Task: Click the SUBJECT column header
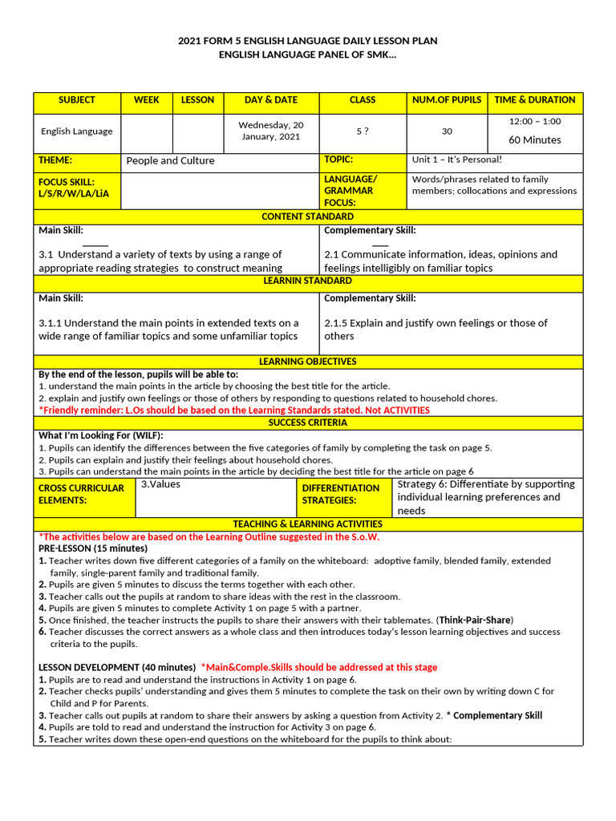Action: tap(77, 100)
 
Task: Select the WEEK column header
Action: tap(147, 100)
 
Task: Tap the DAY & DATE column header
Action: tap(271, 100)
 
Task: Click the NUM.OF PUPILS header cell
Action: tap(447, 100)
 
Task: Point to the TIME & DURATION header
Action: tap(535, 100)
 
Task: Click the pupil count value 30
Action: tap(447, 131)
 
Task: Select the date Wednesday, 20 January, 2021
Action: tap(271, 131)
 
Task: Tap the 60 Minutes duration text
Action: tap(535, 140)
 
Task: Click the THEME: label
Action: tap(55, 160)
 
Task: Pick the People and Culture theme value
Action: tap(170, 160)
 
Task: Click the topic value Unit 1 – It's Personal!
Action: tap(456, 160)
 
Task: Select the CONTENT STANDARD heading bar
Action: tap(308, 217)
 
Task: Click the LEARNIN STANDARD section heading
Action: tap(308, 281)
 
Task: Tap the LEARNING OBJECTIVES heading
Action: tap(308, 362)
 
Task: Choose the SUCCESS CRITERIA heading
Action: tap(308, 423)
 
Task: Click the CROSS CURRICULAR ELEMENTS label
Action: tap(81, 494)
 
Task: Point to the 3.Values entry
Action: tap(160, 484)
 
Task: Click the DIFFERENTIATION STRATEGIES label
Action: tap(341, 494)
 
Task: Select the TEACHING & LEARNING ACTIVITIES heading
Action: tap(308, 524)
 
